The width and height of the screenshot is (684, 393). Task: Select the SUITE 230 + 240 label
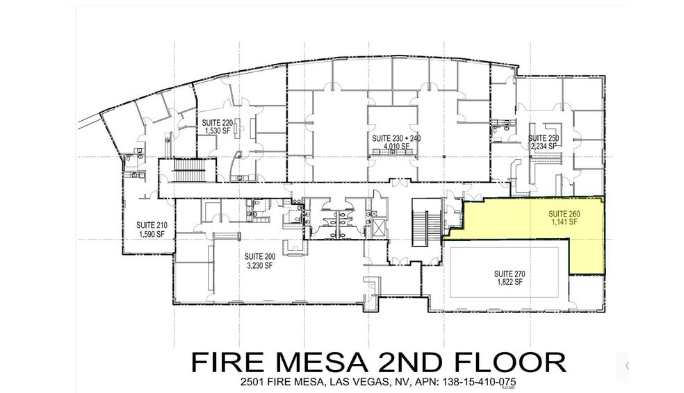pyautogui.click(x=396, y=139)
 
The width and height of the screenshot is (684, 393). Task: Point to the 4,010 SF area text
pyautogui.click(x=396, y=147)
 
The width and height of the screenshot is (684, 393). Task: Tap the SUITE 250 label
pyautogui.click(x=543, y=138)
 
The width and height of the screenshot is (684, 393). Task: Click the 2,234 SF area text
pyautogui.click(x=543, y=147)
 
